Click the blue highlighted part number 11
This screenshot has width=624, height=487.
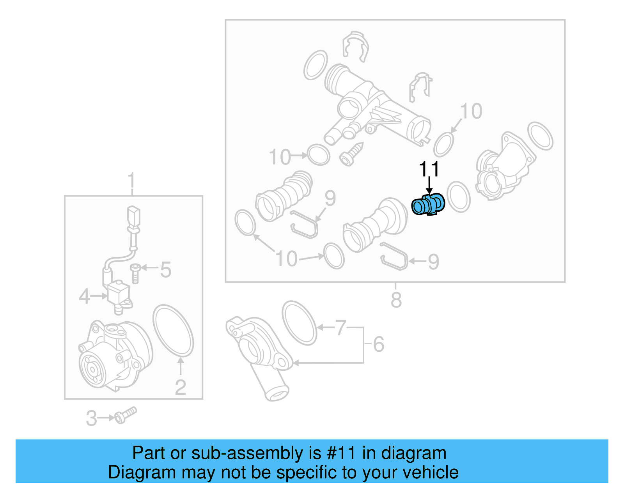click(428, 204)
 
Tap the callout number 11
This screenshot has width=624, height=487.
click(429, 169)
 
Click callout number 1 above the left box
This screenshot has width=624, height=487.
click(131, 181)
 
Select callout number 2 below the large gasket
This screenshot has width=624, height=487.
click(180, 387)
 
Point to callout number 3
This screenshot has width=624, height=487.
click(91, 418)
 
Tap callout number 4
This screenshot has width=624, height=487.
click(84, 296)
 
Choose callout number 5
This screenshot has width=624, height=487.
click(166, 269)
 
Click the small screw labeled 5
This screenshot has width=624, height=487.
click(135, 273)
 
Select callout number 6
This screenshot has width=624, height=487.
click(378, 344)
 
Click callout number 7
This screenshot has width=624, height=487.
click(340, 328)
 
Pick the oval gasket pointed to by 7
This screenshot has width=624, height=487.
click(300, 323)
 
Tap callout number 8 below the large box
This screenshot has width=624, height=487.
click(396, 300)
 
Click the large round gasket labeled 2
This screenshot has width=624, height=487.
click(173, 331)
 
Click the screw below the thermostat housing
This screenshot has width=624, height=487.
click(351, 154)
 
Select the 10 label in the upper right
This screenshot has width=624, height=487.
click(471, 112)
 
